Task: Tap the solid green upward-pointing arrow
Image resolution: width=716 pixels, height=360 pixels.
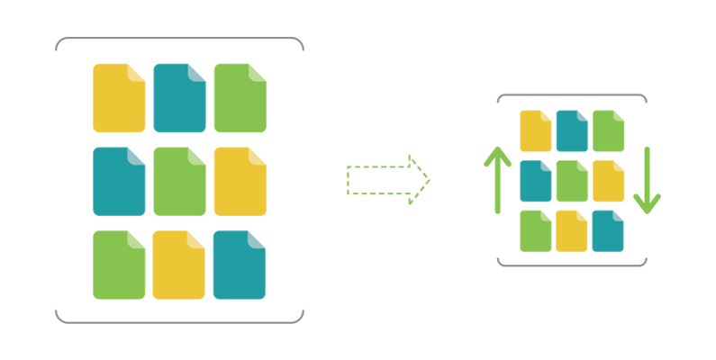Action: (x=497, y=180)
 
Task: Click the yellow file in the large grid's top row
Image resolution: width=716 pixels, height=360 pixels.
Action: (x=119, y=98)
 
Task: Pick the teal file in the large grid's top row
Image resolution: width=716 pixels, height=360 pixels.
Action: (x=179, y=98)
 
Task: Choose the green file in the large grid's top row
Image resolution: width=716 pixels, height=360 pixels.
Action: (x=240, y=98)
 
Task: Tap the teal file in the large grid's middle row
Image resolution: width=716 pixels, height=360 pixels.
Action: (x=119, y=182)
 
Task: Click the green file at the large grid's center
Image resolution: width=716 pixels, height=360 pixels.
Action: (x=179, y=182)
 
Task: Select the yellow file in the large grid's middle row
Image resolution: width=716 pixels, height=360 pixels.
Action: (x=240, y=182)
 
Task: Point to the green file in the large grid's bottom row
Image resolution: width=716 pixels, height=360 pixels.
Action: (x=119, y=265)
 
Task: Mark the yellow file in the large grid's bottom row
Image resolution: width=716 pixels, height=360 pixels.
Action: (x=179, y=265)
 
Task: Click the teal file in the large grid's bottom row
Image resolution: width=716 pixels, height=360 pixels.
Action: (x=240, y=265)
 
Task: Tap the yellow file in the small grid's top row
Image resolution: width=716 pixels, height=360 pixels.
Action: (x=536, y=130)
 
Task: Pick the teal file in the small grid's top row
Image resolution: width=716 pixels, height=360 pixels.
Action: (x=572, y=130)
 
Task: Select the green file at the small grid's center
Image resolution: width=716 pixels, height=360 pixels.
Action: (x=572, y=181)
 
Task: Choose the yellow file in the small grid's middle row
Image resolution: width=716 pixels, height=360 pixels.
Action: (x=608, y=181)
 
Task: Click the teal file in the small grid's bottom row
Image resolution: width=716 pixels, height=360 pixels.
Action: (x=608, y=231)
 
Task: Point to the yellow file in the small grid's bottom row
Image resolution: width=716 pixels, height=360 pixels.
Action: (x=572, y=231)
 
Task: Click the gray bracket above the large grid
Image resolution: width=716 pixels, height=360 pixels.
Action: (x=180, y=39)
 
